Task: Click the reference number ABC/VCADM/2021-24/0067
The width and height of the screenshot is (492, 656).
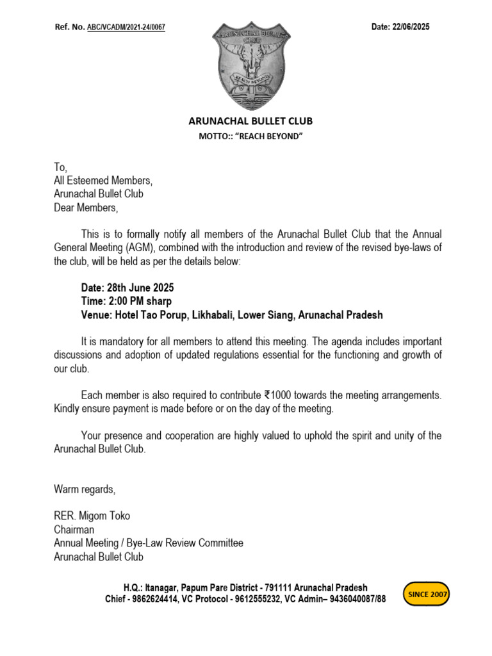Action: (x=126, y=28)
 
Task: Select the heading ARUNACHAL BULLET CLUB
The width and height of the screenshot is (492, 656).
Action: (x=250, y=121)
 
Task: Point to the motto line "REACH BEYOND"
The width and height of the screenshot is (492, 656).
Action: (x=250, y=136)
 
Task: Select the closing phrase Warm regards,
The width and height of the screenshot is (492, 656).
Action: (x=85, y=490)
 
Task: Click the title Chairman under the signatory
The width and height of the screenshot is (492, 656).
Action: (x=74, y=530)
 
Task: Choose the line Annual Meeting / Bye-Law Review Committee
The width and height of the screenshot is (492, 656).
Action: (x=149, y=543)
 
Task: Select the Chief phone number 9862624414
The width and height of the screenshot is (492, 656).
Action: (x=157, y=600)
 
